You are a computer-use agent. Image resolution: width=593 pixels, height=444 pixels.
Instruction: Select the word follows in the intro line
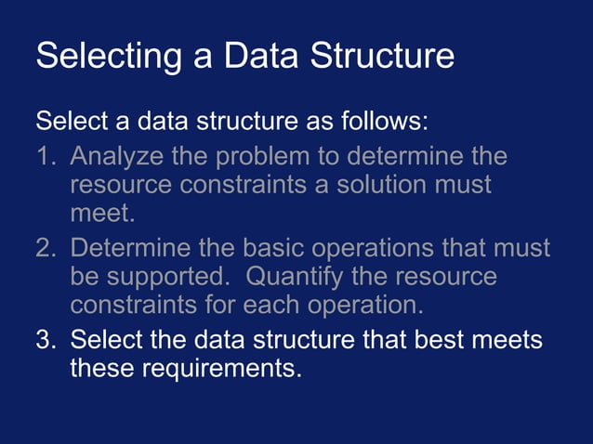[378, 122]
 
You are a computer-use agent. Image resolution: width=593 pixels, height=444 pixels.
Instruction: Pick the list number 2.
[45, 249]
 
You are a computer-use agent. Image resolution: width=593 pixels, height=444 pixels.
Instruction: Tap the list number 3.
[45, 339]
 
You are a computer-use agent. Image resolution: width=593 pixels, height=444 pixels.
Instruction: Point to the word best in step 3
[433, 339]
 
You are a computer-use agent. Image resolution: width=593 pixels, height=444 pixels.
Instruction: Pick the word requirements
[222, 369]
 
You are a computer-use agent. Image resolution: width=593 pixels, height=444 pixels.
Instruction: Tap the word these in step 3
[102, 369]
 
